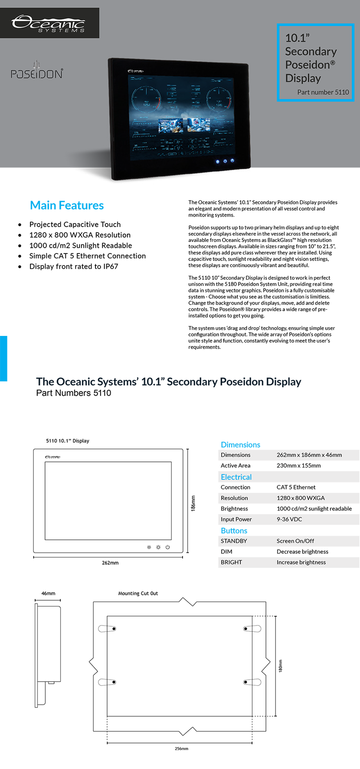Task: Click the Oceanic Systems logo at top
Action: [49, 23]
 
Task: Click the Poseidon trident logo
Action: [37, 71]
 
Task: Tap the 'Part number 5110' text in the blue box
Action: [323, 92]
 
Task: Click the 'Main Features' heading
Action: [67, 205]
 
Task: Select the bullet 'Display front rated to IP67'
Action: [74, 266]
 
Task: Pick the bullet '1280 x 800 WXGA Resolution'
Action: [80, 235]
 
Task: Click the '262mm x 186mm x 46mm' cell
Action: [309, 455]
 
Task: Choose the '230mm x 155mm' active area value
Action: [299, 466]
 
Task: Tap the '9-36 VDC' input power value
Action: [289, 519]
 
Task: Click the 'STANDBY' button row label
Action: [234, 541]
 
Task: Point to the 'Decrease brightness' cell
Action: [302, 552]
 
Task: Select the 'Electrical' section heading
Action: [236, 477]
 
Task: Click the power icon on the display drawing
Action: [167, 547]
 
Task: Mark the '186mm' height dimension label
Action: [193, 503]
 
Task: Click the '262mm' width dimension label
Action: [110, 563]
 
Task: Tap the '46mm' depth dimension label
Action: [48, 593]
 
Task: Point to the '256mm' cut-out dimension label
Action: [181, 749]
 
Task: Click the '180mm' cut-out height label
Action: [281, 666]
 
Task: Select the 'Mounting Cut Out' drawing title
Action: [138, 593]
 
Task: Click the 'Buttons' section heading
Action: [234, 531]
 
